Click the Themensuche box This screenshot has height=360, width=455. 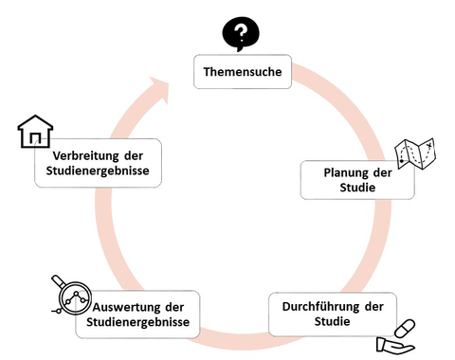pos(242,72)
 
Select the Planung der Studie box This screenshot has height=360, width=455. pos(357,179)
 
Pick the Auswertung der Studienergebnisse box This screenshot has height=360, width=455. pos(137,315)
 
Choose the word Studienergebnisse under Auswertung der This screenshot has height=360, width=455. pos(138,323)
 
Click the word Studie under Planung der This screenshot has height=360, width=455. pos(357,188)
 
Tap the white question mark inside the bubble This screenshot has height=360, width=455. pos(241,34)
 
